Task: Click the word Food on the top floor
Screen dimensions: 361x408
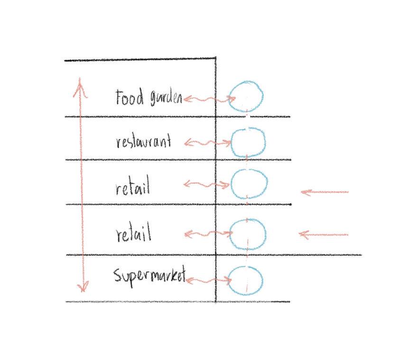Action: (x=129, y=97)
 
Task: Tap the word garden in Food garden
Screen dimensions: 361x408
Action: (x=166, y=98)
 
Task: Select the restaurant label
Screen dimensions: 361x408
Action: (x=143, y=141)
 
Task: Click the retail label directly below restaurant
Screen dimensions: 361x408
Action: (x=133, y=188)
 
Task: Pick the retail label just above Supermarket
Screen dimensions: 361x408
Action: (x=133, y=234)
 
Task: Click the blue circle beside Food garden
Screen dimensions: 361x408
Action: (x=246, y=96)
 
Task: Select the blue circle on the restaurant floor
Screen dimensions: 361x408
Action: (x=248, y=142)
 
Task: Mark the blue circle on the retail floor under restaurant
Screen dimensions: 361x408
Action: (x=249, y=184)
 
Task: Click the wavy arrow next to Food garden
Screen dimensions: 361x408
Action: (x=209, y=99)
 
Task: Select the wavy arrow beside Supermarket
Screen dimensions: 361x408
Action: (x=208, y=281)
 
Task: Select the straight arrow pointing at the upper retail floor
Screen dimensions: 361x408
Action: (x=325, y=192)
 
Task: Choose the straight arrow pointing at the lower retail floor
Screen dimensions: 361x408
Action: (x=324, y=234)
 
